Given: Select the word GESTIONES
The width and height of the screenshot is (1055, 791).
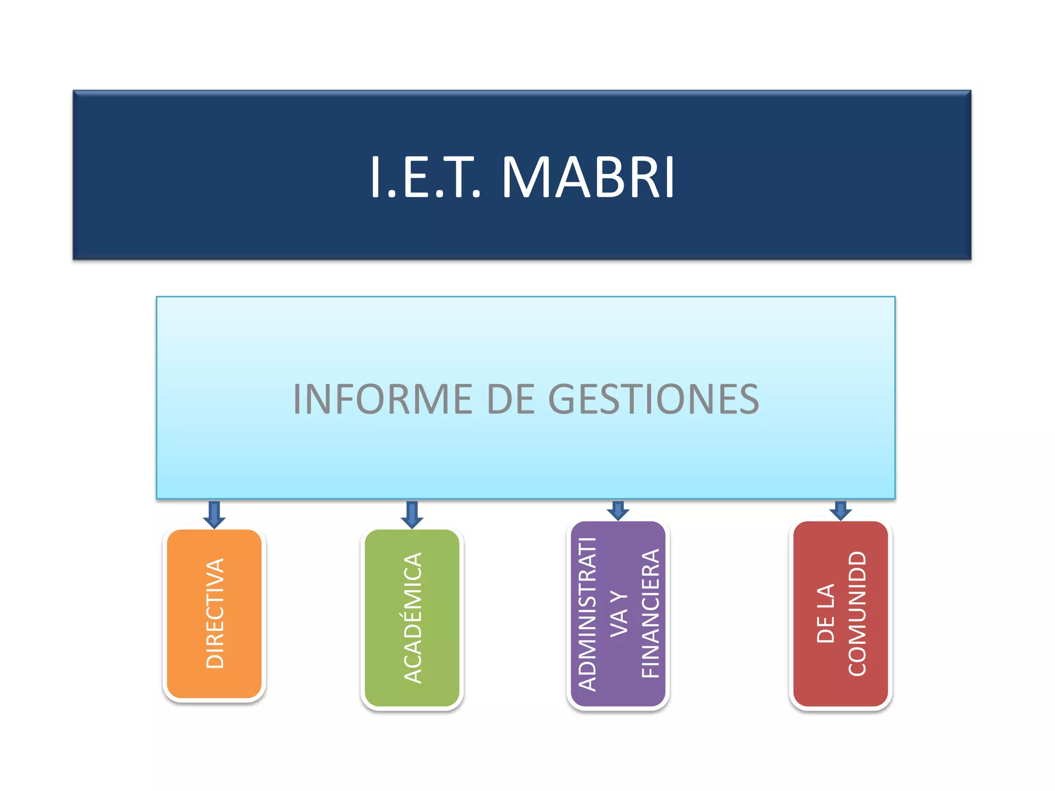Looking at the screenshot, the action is pos(653,399).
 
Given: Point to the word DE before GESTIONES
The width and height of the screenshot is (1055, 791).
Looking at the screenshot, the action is pos(509,399).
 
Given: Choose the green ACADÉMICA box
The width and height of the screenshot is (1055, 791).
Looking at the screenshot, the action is pos(412,617).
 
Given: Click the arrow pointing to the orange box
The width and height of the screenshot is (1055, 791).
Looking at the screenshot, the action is pos(214,514).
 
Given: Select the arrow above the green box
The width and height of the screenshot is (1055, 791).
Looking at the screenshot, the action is pos(412,514).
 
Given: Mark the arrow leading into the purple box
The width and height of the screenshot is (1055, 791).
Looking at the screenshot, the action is pos(618,510).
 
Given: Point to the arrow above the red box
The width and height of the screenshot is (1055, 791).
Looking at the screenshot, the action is pos(841,510).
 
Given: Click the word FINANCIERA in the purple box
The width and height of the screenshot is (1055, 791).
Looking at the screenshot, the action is pos(650,613).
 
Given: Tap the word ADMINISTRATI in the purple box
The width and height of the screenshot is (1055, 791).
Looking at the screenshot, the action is pos(587,613).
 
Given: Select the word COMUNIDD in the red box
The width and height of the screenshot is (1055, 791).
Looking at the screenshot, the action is pos(857,613).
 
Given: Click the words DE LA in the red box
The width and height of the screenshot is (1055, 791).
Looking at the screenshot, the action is pos(825,613).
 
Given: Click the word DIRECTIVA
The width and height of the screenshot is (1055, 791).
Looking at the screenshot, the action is pos(214,613).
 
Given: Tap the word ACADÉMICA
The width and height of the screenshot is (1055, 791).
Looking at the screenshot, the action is pos(412,617).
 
